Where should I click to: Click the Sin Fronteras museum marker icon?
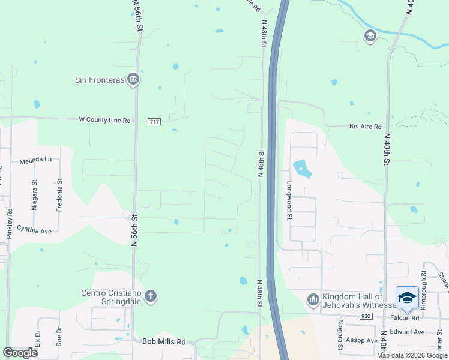[x=133, y=80]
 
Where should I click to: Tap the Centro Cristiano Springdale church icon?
[x=150, y=296]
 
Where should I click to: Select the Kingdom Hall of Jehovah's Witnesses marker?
[x=313, y=299]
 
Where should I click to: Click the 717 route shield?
[x=154, y=121]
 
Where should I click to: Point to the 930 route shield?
[x=366, y=316]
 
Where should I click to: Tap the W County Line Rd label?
[x=104, y=120]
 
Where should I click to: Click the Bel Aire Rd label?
[x=366, y=127]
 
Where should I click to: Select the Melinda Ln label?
[x=35, y=160]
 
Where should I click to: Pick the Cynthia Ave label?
[x=34, y=229]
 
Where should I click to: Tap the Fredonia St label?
[x=59, y=194]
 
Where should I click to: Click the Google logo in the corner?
[x=20, y=353]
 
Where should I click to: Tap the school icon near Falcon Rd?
[x=407, y=298]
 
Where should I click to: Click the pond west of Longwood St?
[x=302, y=169]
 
